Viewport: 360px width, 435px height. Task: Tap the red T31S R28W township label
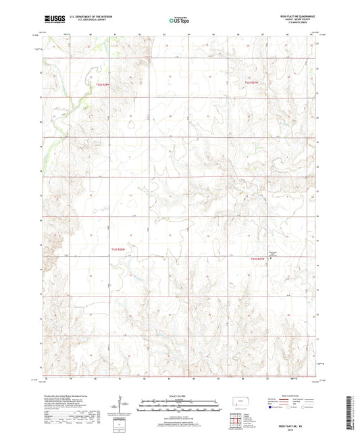[102, 84]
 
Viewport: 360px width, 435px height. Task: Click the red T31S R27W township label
[253, 82]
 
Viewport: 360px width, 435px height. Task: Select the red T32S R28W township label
[119, 249]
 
